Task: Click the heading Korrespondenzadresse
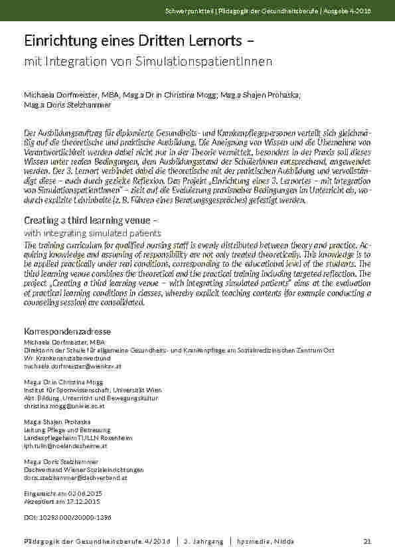pos(67,331)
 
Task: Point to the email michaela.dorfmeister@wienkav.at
pos(72,366)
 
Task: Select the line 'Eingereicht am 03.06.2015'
pos(63,494)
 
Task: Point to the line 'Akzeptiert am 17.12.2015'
pos(62,502)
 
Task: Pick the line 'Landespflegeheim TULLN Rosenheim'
pos(78,438)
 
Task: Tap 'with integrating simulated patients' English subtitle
pos(92,233)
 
